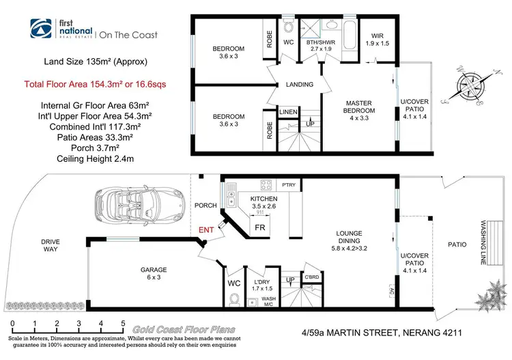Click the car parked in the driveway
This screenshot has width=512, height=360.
[x=140, y=202]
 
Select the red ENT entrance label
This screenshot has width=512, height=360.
[x=207, y=230]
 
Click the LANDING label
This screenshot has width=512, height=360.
[x=299, y=85]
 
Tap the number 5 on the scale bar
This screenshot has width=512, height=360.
[x=123, y=324]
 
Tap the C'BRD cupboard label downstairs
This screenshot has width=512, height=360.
[x=313, y=277]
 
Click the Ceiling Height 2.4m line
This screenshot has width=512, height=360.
[x=86, y=160]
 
